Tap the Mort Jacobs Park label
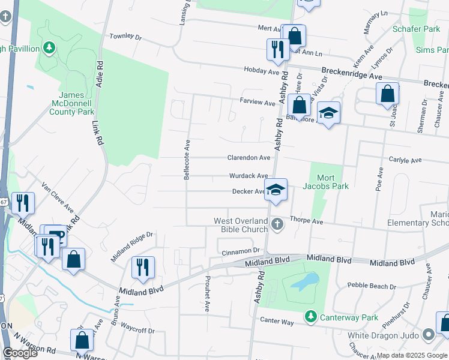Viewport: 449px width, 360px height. [333, 182]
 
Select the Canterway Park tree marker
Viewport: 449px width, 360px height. [310, 316]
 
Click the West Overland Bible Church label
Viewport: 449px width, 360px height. [241, 226]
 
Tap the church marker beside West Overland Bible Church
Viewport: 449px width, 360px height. [277, 225]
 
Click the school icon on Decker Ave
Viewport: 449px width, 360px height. [276, 190]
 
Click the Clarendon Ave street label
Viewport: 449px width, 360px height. [249, 158]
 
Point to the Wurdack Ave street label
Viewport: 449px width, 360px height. [249, 176]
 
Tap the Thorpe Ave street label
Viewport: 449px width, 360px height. [307, 221]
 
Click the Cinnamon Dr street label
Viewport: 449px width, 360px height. [240, 250]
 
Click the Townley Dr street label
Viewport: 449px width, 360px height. [125, 37]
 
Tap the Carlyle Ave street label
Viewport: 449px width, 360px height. [405, 160]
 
